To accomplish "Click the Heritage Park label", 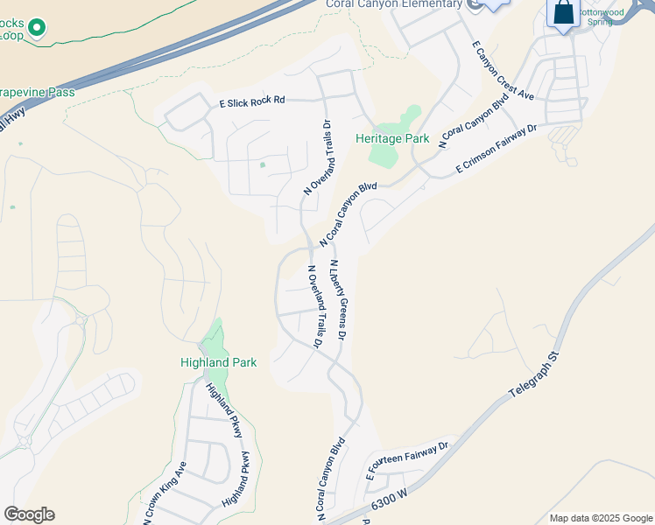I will coord(392,138).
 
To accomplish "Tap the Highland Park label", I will coord(218,362).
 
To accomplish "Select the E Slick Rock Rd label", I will coord(252,101).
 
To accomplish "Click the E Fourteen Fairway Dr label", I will coord(407,461).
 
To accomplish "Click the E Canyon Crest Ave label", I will coord(503,69).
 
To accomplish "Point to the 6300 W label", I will coord(391,500).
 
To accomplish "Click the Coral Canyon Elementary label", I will coord(393,4).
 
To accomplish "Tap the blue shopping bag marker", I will coord(564,13).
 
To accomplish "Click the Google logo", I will coord(29,514).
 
